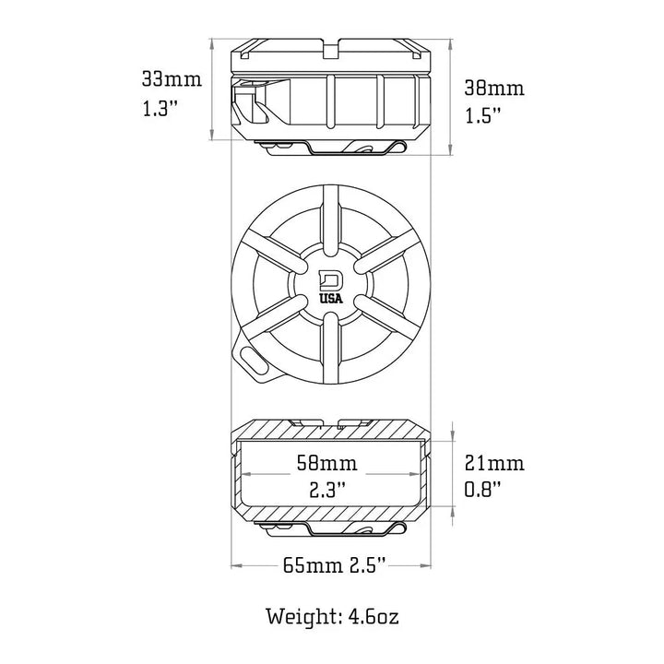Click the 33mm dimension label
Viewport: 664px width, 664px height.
(172, 79)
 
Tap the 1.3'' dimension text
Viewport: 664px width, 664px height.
(159, 109)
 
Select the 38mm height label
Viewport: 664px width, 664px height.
(494, 89)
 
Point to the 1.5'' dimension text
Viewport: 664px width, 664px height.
(482, 114)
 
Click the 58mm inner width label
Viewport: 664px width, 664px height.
(326, 463)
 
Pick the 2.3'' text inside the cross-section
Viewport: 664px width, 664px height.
(327, 490)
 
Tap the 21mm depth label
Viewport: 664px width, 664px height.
(494, 463)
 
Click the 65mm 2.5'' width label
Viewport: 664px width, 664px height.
(334, 565)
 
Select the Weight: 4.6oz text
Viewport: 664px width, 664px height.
(332, 617)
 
